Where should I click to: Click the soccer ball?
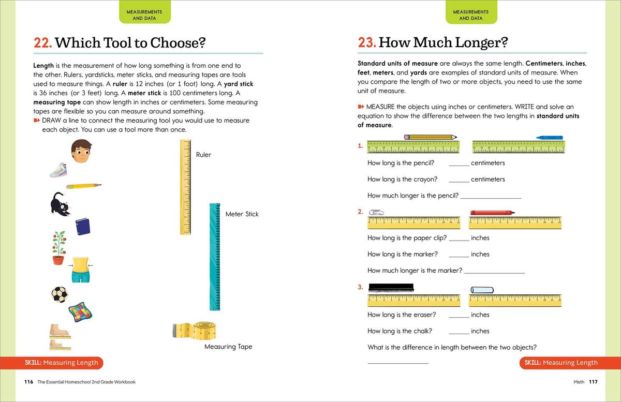60,294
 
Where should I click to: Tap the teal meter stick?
216,257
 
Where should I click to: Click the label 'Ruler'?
203,155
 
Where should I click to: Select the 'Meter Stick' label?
242,214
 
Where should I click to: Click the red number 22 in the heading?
42,43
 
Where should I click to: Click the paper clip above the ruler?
376,212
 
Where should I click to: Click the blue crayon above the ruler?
549,138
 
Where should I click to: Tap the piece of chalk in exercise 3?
482,290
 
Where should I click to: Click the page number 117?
593,382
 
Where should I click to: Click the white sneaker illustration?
58,170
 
